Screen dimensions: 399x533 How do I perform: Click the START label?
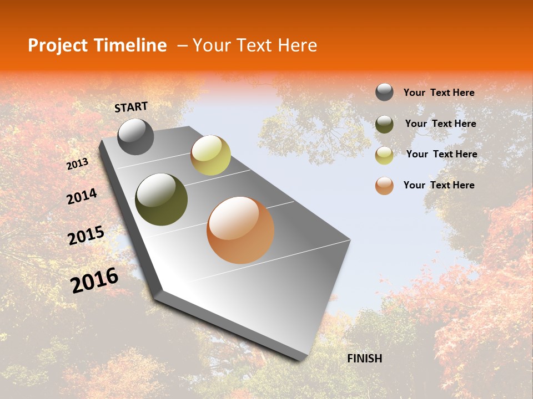click(x=131, y=106)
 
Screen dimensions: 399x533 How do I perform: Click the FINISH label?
click(x=364, y=359)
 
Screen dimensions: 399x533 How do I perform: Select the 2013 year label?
click(x=77, y=163)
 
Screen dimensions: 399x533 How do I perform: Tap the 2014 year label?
click(x=82, y=196)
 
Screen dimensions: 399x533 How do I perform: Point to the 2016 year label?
click(x=94, y=280)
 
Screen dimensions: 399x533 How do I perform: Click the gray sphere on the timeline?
click(x=136, y=137)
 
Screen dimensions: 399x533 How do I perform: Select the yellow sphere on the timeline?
click(x=210, y=155)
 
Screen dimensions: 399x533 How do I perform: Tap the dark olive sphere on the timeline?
click(x=162, y=199)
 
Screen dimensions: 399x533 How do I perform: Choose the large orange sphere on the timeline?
click(x=240, y=230)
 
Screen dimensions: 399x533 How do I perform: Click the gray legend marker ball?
click(x=384, y=93)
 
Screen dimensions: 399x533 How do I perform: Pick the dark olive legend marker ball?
click(x=384, y=124)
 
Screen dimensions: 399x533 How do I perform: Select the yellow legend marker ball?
click(x=384, y=155)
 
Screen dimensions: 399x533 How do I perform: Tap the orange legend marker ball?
click(x=384, y=186)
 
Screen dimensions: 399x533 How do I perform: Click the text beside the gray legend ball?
click(x=439, y=93)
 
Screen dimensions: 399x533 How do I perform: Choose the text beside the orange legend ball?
click(x=439, y=185)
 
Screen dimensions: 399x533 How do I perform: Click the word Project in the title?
click(x=58, y=45)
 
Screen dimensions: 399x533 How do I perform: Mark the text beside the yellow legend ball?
click(x=441, y=154)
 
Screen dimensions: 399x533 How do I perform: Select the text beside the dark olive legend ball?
click(x=440, y=124)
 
